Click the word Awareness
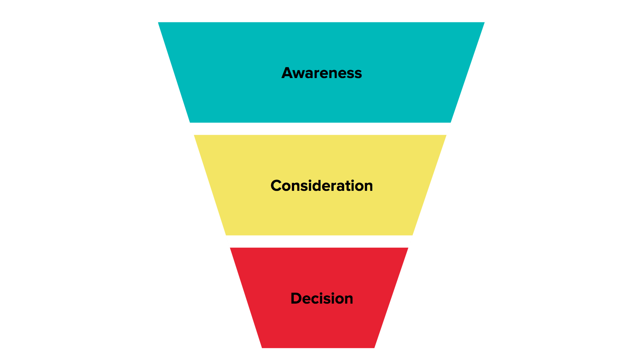coord(321,73)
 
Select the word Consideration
coord(321,186)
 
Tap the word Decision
coord(321,298)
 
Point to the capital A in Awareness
coord(287,73)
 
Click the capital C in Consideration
coord(276,186)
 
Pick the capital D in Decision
coord(296,298)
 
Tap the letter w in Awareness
coord(299,74)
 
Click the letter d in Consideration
coord(312,186)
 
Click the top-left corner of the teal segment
coord(159,23)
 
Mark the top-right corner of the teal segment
coord(484,23)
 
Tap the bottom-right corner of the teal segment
coord(450,122)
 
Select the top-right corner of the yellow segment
coord(445,136)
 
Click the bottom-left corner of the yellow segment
coord(226,235)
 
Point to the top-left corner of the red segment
coord(231,248)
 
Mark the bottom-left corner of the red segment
coord(262,347)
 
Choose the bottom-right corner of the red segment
coord(374,347)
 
